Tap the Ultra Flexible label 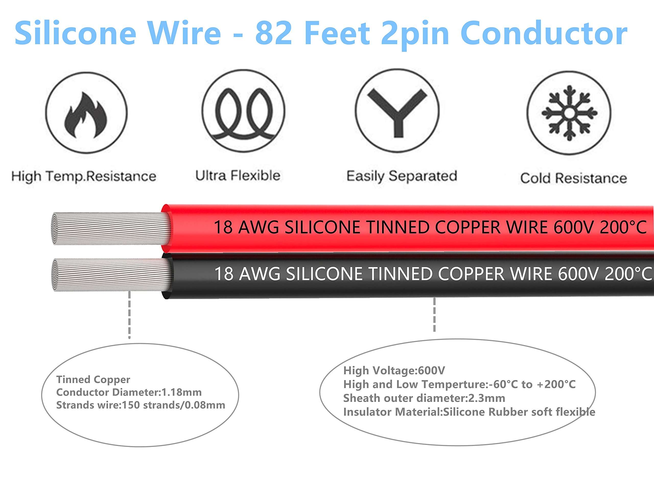click(238, 176)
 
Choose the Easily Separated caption click(402, 176)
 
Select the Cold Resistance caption click(574, 178)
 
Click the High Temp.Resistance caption click(84, 177)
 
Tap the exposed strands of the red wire click(110, 228)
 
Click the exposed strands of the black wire click(110, 275)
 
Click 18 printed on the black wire click(224, 274)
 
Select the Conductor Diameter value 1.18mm click(181, 392)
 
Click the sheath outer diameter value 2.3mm click(487, 398)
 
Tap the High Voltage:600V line click(394, 370)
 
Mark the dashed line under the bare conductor click(129, 315)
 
